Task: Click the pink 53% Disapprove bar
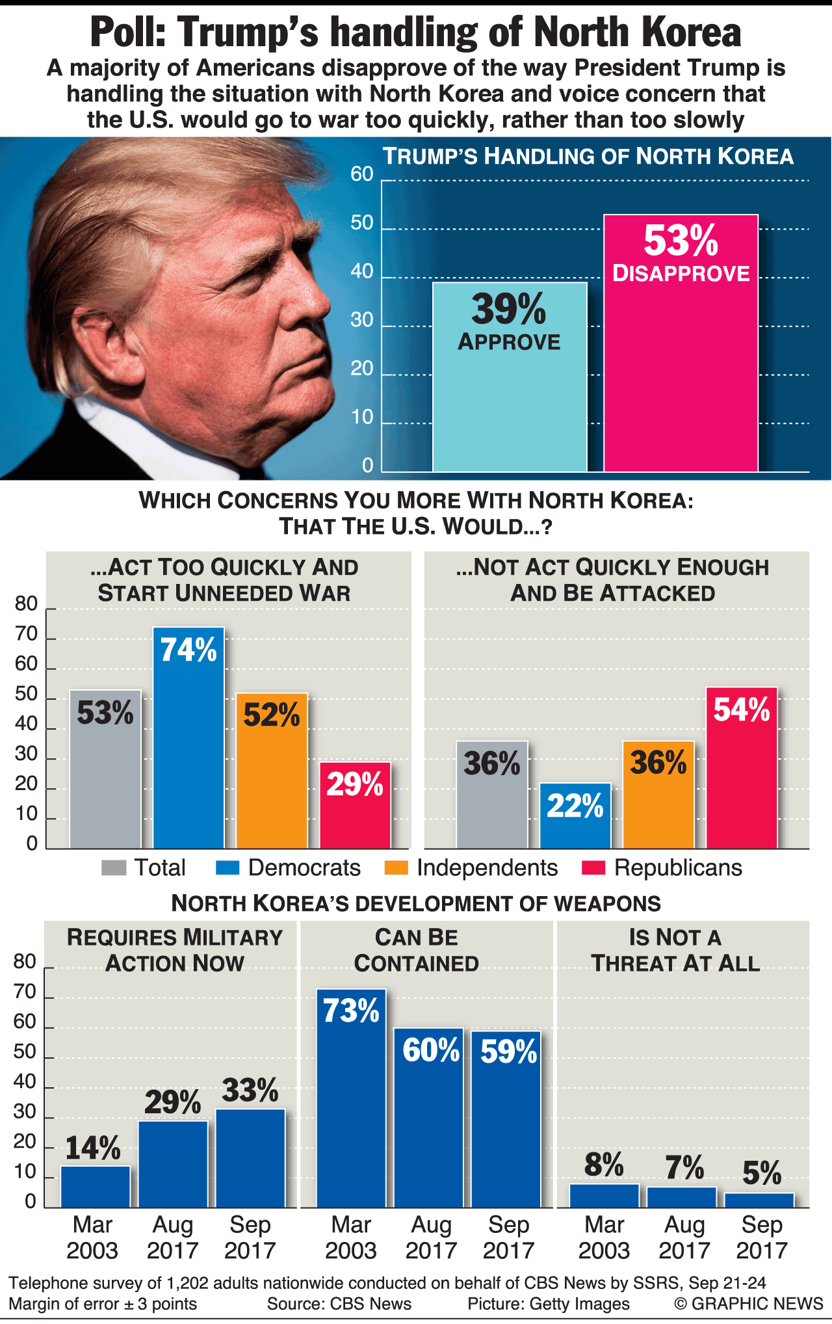pyautogui.click(x=681, y=364)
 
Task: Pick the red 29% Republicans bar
pyautogui.click(x=355, y=813)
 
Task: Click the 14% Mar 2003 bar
pyautogui.click(x=96, y=1187)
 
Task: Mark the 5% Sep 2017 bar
pyautogui.click(x=760, y=1200)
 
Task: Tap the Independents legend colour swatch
pyautogui.click(x=396, y=867)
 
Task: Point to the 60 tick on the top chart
pyautogui.click(x=362, y=174)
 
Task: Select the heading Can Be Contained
pyautogui.click(x=417, y=950)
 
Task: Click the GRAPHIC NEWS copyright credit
pyautogui.click(x=749, y=1304)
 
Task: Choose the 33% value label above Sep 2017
pyautogui.click(x=250, y=1091)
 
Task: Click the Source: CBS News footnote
pyautogui.click(x=339, y=1304)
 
